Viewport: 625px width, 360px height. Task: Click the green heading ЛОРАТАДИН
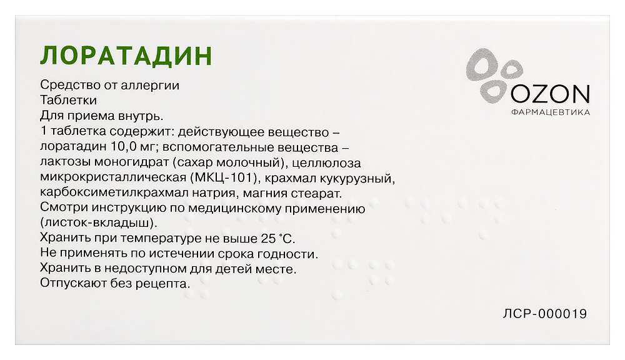(126, 56)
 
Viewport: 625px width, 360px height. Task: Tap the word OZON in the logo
(550, 94)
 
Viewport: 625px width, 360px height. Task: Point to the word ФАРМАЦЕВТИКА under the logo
(551, 112)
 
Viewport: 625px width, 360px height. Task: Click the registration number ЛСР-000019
(545, 314)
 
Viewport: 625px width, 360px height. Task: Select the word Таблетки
(68, 100)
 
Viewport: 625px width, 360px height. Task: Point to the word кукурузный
(362, 178)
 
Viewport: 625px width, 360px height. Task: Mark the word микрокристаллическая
(113, 177)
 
